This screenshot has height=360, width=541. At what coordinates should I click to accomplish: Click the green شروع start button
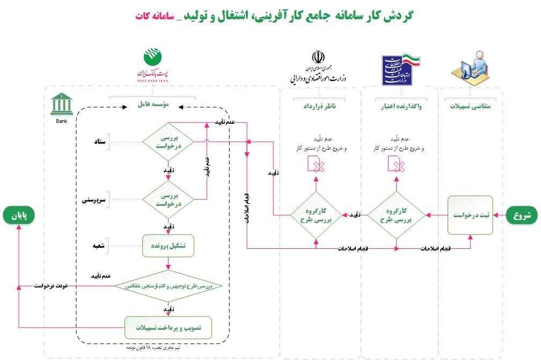point(521,216)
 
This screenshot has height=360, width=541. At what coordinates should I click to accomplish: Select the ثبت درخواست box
point(471,216)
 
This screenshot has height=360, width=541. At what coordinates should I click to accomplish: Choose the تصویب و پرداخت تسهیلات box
point(169,327)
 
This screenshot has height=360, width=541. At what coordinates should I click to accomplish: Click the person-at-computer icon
point(470,66)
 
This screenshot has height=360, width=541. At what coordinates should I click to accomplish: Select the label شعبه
point(99,246)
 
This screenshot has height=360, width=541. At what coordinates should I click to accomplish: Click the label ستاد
point(100,142)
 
